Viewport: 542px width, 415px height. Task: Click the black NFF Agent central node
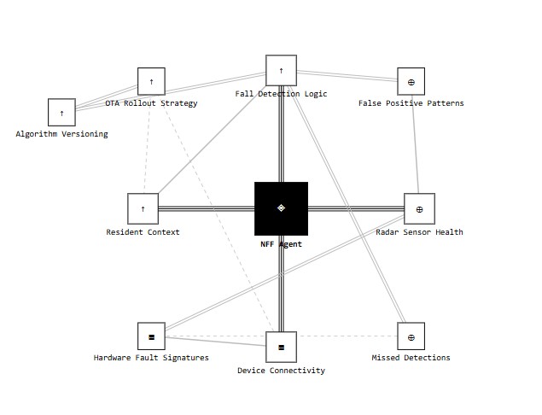pos(281,208)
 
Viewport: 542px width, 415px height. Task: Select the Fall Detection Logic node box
pos(281,70)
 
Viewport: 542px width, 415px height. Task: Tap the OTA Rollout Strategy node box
pos(151,81)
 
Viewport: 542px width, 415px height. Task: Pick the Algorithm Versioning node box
pos(61,113)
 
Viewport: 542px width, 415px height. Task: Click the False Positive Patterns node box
pos(411,81)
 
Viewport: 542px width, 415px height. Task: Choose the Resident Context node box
pos(143,208)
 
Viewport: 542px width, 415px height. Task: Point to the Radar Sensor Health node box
pos(419,208)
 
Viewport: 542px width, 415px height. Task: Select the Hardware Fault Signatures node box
pos(151,336)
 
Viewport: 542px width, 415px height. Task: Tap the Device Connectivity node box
pos(281,348)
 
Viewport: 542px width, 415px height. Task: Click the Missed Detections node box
pos(411,336)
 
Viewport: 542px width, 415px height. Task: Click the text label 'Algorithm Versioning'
pos(61,134)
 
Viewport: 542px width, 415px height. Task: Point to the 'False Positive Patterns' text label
pos(411,103)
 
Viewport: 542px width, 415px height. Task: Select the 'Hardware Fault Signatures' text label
pos(151,358)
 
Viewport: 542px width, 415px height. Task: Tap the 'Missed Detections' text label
pos(411,358)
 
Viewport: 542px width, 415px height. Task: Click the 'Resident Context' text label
pos(143,232)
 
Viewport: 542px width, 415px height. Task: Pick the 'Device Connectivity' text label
pos(281,371)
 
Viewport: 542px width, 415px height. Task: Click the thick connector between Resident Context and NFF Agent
pos(207,208)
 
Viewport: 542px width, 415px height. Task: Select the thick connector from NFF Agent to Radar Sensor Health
pos(356,208)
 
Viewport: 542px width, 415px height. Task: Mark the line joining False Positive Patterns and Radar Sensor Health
pos(415,144)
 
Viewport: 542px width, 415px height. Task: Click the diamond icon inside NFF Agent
pos(281,207)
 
